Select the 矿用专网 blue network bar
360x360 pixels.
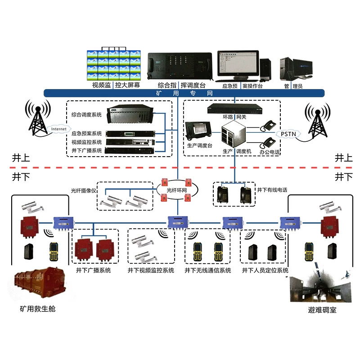tap(184, 93)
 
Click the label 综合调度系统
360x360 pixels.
tap(86, 115)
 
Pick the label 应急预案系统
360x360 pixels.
tap(86, 133)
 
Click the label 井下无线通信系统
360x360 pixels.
tap(208, 270)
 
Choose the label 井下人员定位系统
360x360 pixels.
tap(265, 270)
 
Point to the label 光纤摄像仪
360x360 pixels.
tap(84, 190)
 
